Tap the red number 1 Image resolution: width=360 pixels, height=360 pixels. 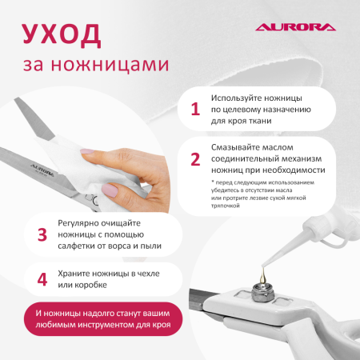[194, 110]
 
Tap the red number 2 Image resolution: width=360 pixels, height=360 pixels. [194, 158]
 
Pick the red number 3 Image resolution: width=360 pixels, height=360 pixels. [42, 234]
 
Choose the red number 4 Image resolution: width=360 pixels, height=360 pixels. [42, 280]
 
